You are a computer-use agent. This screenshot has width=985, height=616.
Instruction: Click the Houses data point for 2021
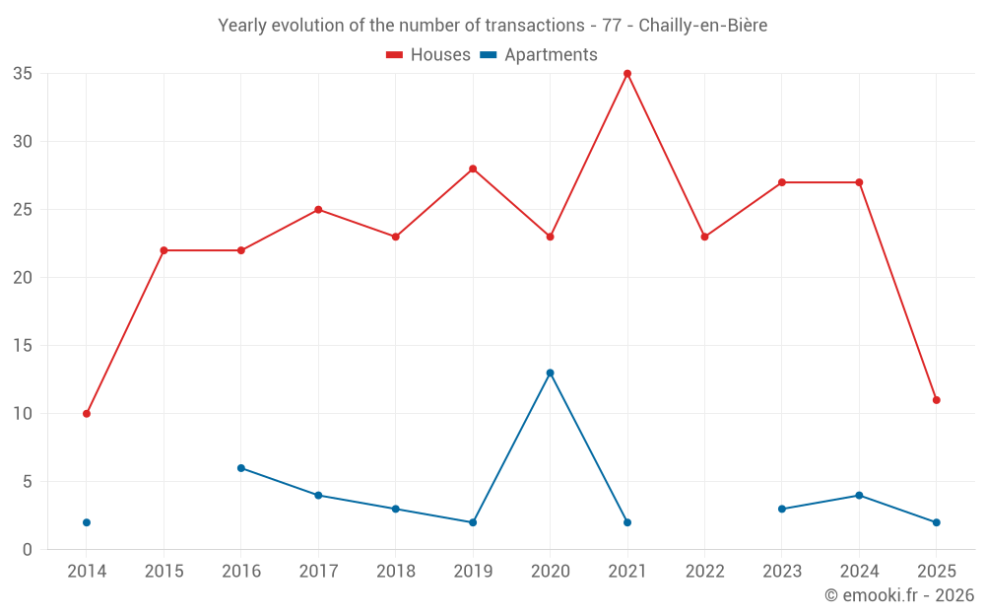[x=627, y=74]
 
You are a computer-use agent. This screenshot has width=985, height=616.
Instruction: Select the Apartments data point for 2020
[x=550, y=373]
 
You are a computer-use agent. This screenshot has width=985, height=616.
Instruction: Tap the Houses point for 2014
[x=87, y=414]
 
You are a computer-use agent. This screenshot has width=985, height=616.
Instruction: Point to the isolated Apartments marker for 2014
[x=87, y=522]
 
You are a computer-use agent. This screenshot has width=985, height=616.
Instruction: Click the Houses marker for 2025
[x=937, y=400]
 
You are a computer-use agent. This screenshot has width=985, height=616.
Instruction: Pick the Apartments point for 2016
[x=241, y=468]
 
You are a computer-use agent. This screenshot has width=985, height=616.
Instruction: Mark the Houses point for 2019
[x=473, y=169]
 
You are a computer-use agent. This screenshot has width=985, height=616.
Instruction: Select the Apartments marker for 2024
[x=859, y=495]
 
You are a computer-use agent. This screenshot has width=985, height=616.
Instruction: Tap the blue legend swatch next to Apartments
[x=488, y=55]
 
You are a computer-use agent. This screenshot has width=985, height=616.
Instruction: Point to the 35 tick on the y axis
[x=23, y=74]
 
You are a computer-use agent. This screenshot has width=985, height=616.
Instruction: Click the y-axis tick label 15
[x=23, y=346]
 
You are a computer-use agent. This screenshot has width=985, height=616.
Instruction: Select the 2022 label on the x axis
[x=704, y=572]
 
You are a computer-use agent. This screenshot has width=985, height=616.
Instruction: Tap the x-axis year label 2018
[x=395, y=572]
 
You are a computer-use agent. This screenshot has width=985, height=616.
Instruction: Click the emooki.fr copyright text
[x=898, y=595]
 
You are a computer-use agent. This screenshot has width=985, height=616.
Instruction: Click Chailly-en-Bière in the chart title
[x=702, y=26]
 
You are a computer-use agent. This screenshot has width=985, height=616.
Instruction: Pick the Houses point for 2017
[x=318, y=210]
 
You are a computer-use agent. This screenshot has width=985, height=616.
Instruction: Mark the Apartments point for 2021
[x=627, y=522]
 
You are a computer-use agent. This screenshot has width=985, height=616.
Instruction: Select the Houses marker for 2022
[x=704, y=237]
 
